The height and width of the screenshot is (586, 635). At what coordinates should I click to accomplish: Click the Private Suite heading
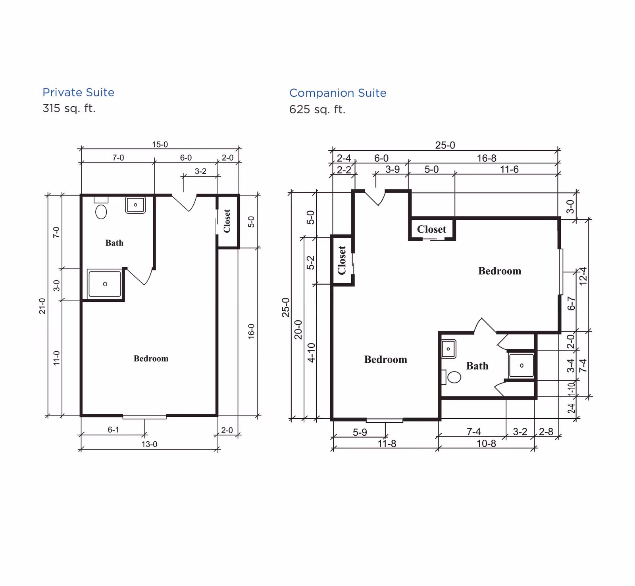[x=78, y=92]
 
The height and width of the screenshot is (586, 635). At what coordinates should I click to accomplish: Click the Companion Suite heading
[x=337, y=93]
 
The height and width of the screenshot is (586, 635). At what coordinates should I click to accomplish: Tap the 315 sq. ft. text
[x=69, y=108]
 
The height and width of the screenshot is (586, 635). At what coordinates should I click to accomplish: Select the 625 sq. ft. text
[x=317, y=109]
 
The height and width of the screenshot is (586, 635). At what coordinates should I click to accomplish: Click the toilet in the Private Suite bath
[x=101, y=211]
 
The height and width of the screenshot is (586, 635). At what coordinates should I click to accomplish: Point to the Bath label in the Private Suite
[x=114, y=243]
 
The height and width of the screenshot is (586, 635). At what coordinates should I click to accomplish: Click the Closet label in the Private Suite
[x=227, y=221]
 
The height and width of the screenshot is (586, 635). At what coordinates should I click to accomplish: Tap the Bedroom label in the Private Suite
[x=151, y=358]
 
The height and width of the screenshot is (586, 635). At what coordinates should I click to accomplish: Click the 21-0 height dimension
[x=42, y=306]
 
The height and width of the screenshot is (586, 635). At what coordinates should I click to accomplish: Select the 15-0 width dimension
[x=160, y=144]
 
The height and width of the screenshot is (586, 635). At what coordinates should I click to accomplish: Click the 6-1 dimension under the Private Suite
[x=113, y=429]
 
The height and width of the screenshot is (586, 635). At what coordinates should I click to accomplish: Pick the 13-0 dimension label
[x=149, y=444]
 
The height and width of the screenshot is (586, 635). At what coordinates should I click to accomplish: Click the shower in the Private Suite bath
[x=105, y=284]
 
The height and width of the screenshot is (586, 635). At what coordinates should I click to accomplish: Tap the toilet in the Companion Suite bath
[x=454, y=377]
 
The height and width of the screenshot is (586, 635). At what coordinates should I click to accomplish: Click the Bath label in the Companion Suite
[x=477, y=366]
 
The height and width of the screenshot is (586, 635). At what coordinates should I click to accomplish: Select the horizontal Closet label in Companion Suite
[x=431, y=229]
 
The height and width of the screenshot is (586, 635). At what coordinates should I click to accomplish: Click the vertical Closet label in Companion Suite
[x=342, y=260]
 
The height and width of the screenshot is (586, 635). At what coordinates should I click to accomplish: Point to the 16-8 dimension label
[x=486, y=158]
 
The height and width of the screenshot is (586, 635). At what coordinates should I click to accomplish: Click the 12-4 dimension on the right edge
[x=583, y=276]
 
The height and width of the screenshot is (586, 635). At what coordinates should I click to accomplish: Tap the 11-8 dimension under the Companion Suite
[x=387, y=443]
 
